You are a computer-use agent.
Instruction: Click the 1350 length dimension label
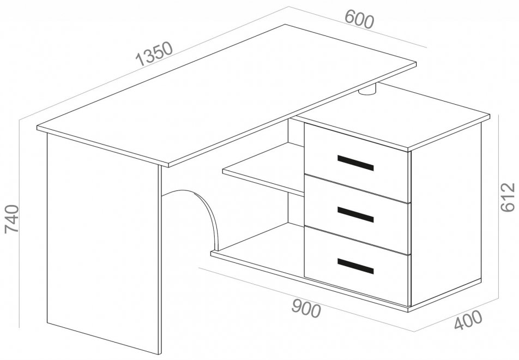(x=154, y=53)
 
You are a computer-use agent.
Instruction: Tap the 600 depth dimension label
(x=359, y=19)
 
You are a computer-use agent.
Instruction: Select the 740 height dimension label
(x=12, y=219)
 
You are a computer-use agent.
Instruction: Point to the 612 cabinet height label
(x=508, y=197)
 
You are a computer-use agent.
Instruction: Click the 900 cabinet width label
(x=306, y=308)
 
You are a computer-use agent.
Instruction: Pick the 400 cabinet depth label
(x=468, y=320)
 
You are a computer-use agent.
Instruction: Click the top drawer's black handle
(x=355, y=163)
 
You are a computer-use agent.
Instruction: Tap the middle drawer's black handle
(x=355, y=214)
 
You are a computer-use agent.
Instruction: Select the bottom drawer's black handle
(x=355, y=266)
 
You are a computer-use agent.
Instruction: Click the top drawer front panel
(x=356, y=163)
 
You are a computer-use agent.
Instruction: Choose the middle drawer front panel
(x=357, y=214)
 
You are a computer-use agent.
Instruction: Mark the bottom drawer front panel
(x=356, y=266)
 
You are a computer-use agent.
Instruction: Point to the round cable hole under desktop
(x=367, y=91)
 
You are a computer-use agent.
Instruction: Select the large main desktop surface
(x=227, y=95)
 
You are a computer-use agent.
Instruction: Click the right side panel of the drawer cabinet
(x=446, y=215)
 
